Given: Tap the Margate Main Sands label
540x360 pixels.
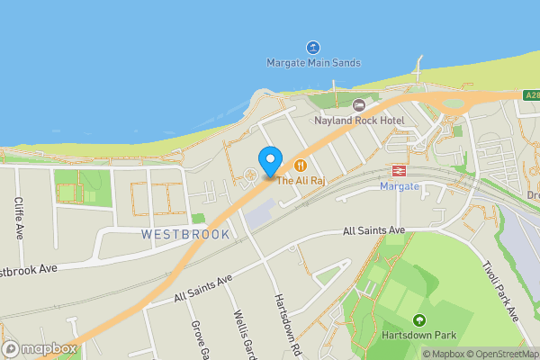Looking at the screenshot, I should [x=313, y=63].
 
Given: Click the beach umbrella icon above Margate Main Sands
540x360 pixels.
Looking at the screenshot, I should [x=313, y=47].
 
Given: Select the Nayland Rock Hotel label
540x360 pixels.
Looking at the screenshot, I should [x=359, y=120].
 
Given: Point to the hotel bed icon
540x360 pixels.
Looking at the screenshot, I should [x=359, y=105].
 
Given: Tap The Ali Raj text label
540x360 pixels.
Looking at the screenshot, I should [x=300, y=181].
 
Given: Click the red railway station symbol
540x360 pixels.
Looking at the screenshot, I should [x=397, y=171].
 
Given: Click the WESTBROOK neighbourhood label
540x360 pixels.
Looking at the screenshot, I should [x=185, y=234].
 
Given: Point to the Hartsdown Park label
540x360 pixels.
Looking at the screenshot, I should [x=418, y=336].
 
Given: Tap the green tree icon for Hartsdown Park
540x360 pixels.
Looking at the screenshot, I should [x=418, y=320].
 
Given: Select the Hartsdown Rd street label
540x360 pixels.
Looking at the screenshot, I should [x=282, y=324].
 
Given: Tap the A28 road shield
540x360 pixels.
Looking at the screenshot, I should [x=532, y=94].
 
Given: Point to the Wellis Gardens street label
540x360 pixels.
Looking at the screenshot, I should [x=240, y=333].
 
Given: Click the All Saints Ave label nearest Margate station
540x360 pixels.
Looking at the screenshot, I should [x=373, y=231].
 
